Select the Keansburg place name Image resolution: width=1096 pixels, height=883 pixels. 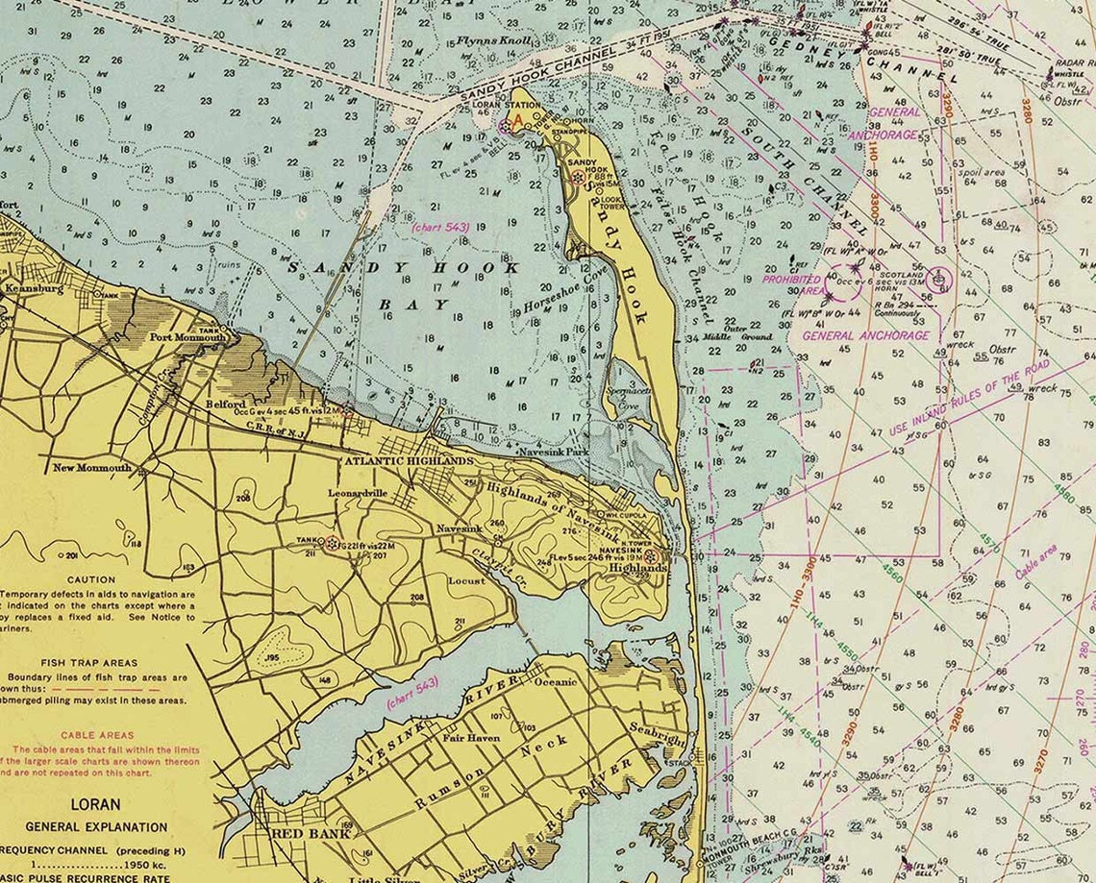pos(34,287)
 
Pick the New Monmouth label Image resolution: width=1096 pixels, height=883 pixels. pos(91,468)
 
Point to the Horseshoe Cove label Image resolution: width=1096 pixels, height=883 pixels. pos(566,291)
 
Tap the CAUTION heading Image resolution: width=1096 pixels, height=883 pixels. pos(91,580)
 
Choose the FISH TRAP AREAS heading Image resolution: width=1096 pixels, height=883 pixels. pos(88,663)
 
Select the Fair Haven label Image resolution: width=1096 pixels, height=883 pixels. pos(467,738)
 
